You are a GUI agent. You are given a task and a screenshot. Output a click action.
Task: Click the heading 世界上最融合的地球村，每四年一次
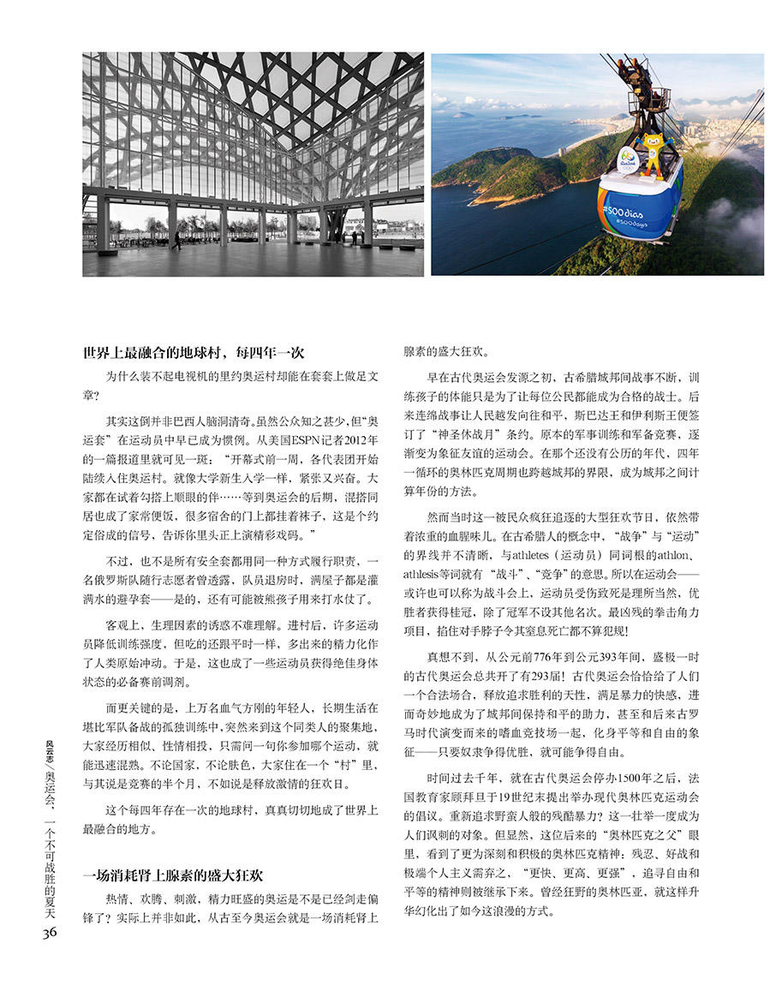194,353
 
